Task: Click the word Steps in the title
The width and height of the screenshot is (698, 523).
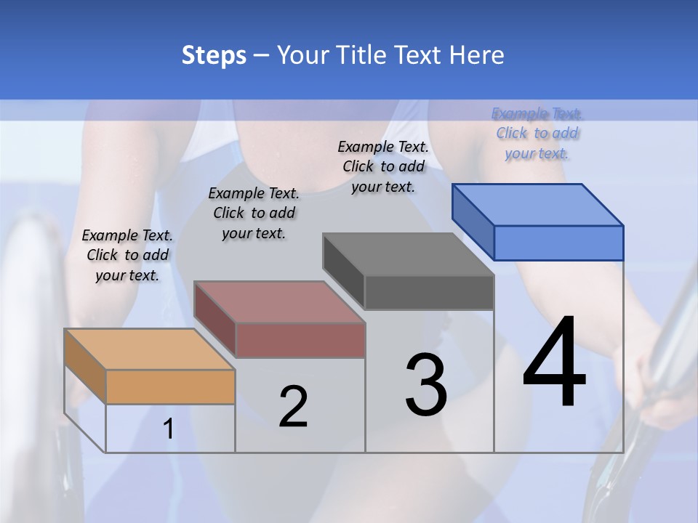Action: point(214,55)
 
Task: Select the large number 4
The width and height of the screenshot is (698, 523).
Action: point(554,363)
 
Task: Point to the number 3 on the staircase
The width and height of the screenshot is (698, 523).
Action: point(426,385)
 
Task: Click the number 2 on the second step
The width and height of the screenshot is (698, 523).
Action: point(293,407)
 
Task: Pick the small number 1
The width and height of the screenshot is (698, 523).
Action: point(169,429)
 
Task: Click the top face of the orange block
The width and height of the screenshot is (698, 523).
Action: point(149,349)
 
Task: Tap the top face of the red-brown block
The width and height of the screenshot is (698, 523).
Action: point(278,301)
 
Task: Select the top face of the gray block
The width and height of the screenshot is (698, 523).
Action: point(408,254)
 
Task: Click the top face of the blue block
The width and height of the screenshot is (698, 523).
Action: point(537,204)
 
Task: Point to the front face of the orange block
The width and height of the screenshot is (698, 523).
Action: point(170,386)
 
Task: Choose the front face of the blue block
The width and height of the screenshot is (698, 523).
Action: point(558,243)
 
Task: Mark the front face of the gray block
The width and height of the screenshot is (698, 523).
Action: point(429,292)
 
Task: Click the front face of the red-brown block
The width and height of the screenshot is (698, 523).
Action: point(300,340)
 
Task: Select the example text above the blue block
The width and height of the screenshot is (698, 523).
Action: point(537,134)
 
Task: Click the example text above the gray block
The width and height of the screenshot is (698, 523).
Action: point(383,167)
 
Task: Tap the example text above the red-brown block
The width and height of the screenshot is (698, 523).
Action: point(254,214)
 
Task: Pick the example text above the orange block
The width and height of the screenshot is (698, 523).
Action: point(127,256)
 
